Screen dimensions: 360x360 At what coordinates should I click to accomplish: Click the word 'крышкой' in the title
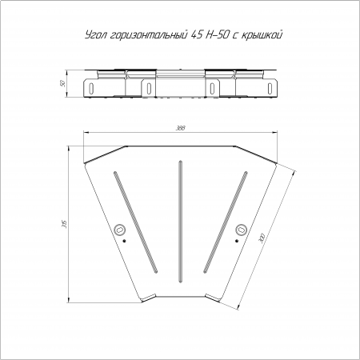point(262,35)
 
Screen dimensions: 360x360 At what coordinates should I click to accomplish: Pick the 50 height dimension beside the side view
point(63,84)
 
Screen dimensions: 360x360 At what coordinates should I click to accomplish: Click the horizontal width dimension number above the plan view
point(181,128)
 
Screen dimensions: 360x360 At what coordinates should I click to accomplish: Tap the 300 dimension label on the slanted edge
point(262,237)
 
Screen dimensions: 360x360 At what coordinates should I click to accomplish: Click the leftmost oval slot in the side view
point(91,88)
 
